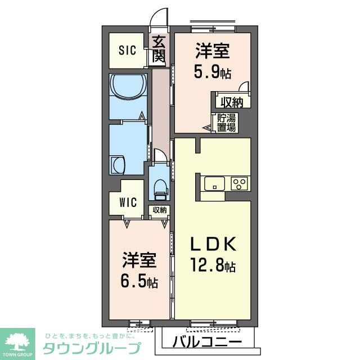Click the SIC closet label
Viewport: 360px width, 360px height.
point(127,51)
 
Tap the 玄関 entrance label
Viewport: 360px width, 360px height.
point(158,48)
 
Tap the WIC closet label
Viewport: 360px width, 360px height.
point(128,202)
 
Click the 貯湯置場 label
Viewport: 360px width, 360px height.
point(228,123)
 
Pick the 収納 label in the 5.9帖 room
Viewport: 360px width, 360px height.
point(230,103)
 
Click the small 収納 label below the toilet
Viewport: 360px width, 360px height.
point(159,210)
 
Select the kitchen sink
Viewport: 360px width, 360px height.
point(215,183)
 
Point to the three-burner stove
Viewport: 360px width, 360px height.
point(240,183)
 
